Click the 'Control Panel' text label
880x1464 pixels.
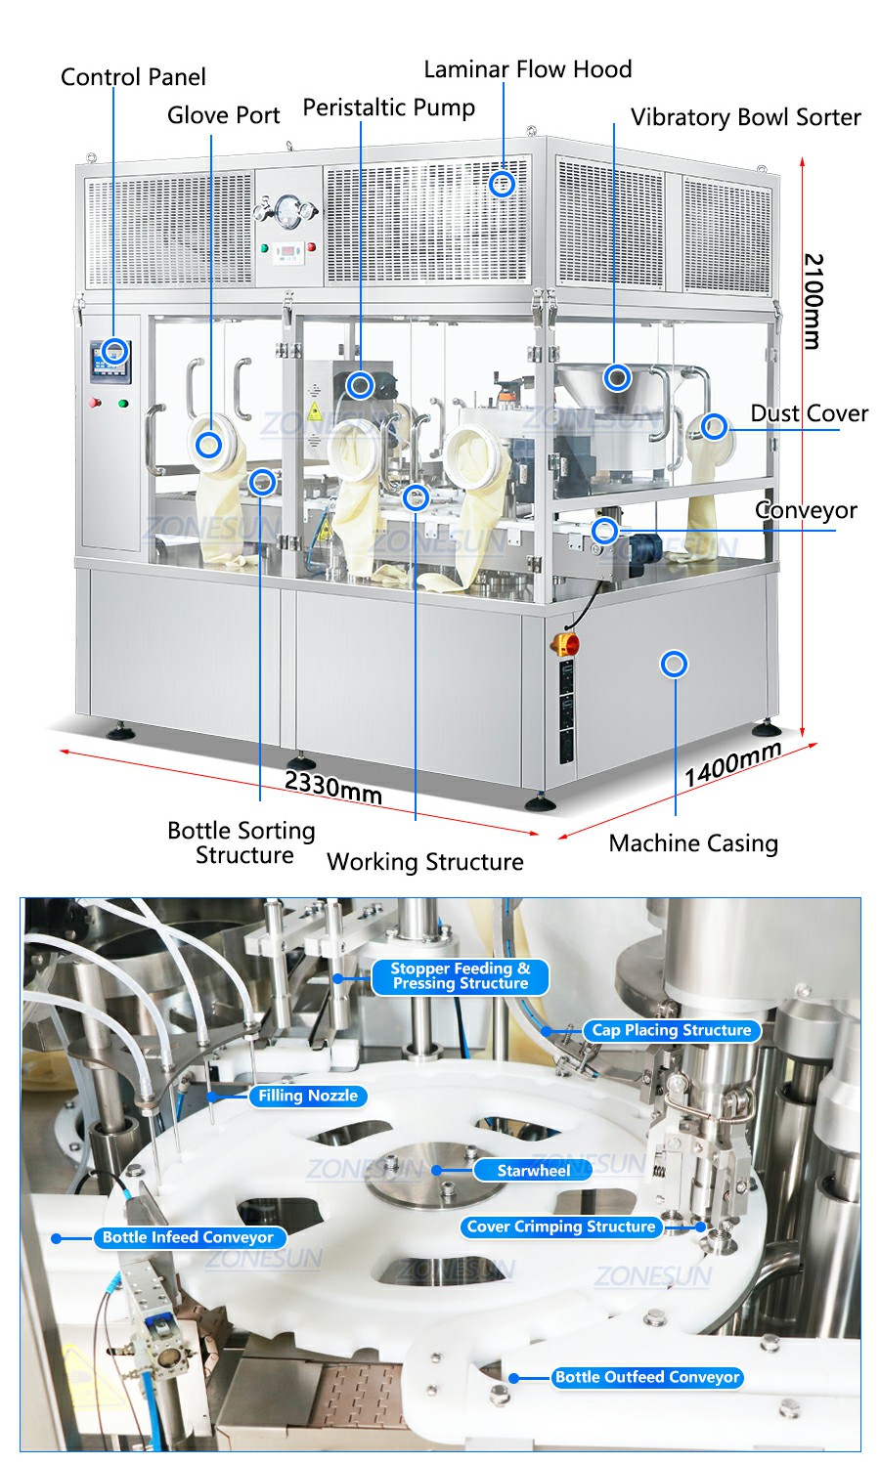click(x=133, y=77)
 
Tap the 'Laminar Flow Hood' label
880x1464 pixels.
click(x=527, y=69)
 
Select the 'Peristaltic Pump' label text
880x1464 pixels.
click(x=388, y=108)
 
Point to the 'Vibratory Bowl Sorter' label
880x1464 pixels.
click(x=745, y=117)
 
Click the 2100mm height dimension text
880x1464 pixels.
click(x=814, y=301)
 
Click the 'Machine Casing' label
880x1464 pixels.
click(x=693, y=842)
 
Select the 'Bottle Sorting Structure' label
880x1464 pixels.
click(x=242, y=842)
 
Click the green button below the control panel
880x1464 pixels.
click(x=123, y=402)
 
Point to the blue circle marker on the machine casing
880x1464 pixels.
click(x=674, y=665)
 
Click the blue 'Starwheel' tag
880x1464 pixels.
click(x=533, y=1170)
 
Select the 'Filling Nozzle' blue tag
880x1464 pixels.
click(x=307, y=1096)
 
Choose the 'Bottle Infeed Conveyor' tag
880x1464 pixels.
click(x=188, y=1237)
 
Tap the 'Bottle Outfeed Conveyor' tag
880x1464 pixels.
click(x=647, y=1377)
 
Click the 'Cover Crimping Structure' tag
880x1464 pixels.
click(x=560, y=1227)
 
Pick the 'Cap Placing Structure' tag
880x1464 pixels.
click(x=671, y=1030)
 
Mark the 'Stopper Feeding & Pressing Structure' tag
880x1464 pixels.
click(x=460, y=976)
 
